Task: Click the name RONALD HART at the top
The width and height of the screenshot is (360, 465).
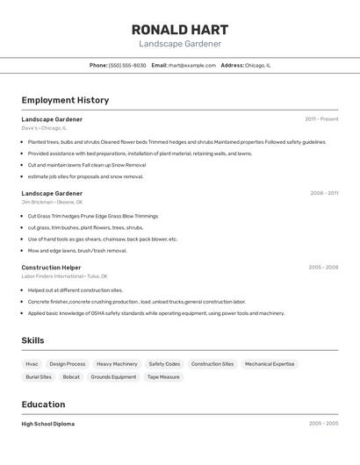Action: coord(180,29)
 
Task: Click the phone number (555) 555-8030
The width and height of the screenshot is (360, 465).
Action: coord(127,65)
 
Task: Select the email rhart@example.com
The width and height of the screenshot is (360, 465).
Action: coord(191,65)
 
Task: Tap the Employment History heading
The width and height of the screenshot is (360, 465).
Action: coord(65,100)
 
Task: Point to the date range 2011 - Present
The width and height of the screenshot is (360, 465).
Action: coord(321,118)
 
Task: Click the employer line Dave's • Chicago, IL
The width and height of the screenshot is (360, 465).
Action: coord(44,128)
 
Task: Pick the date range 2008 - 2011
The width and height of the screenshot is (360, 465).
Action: coord(323,193)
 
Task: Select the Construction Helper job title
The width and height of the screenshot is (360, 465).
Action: coord(51,267)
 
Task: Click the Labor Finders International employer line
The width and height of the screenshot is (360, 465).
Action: coord(59,276)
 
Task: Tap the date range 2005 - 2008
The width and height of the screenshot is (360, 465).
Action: coord(323,267)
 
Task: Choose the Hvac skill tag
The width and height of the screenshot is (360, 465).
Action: coord(32,363)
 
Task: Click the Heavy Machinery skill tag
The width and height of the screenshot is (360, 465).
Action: coord(117,363)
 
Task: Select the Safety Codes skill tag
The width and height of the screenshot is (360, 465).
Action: coord(164,363)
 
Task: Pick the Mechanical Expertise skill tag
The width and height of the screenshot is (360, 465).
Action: coord(270,363)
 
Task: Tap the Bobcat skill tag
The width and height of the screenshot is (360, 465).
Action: coord(71,376)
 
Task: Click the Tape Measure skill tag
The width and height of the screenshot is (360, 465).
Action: coord(163,376)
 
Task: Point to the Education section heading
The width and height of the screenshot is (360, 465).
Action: coord(43,404)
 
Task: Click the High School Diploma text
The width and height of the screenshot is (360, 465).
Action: coord(47,424)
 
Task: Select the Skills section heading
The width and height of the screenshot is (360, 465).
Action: coord(32,340)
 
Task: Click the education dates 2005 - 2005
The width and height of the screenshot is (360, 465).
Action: coord(323,424)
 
